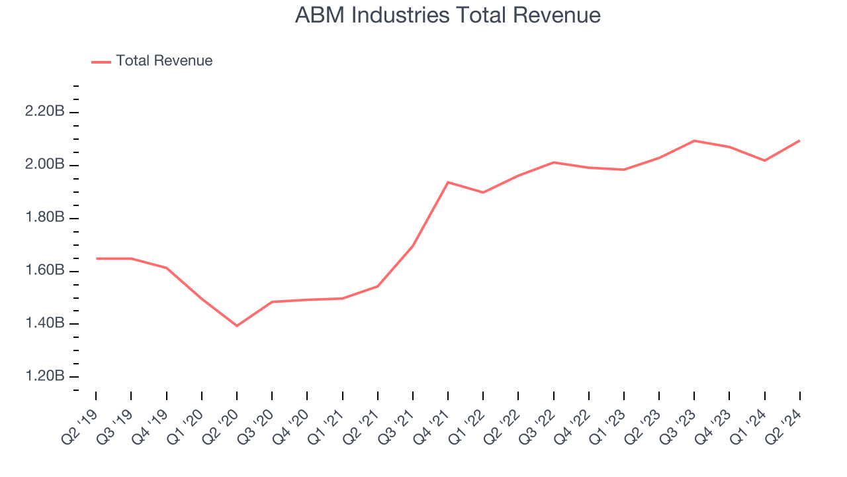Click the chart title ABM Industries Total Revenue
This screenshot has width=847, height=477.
(x=447, y=15)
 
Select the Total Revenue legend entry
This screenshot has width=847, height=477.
(x=163, y=61)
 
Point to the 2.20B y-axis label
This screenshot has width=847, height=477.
(x=44, y=112)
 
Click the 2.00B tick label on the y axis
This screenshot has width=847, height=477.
(x=44, y=165)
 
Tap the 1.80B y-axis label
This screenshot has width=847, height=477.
(x=44, y=218)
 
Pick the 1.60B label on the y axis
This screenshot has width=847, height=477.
(x=44, y=271)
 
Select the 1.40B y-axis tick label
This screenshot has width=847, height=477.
(x=44, y=324)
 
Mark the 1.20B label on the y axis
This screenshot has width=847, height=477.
(x=44, y=377)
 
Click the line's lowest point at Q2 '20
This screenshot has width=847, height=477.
(x=237, y=325)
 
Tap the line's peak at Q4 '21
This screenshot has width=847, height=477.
(x=448, y=182)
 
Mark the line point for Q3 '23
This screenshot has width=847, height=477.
(x=694, y=140)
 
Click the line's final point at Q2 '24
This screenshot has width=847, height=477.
(x=799, y=140)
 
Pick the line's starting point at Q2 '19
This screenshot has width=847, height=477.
(x=97, y=258)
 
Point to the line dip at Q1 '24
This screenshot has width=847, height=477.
(x=764, y=160)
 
